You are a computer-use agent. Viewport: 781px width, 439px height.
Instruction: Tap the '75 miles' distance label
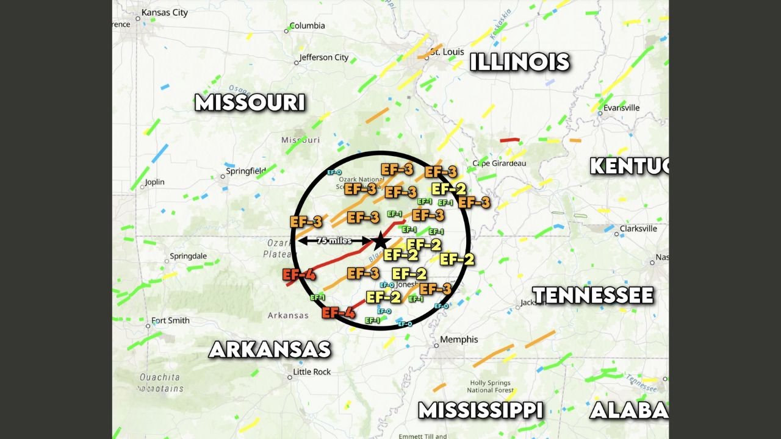pos(334,241)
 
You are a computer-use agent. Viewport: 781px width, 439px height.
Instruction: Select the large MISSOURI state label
pos(250,102)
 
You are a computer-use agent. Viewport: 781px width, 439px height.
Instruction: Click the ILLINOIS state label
pos(520,62)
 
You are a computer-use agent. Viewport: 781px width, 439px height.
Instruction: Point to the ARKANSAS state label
pos(270,349)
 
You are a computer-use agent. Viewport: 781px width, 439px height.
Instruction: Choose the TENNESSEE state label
pos(593,296)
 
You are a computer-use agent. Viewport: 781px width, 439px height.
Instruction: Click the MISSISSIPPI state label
pos(481,410)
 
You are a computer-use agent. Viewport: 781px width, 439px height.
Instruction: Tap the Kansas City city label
pos(164,12)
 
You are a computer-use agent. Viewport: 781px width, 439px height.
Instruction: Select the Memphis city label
pos(459,340)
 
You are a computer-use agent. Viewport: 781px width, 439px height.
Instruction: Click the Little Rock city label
pos(312,372)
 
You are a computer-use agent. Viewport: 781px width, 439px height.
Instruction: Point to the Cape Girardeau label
pos(499,163)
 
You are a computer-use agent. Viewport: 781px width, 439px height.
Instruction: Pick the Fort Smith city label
pos(170,321)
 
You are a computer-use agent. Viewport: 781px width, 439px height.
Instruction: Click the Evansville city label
pos(621,108)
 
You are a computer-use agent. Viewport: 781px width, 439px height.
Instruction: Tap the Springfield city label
pos(246,171)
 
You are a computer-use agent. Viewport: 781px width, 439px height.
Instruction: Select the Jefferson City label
pos(324,58)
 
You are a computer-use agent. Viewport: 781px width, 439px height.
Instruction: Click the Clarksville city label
pos(638,229)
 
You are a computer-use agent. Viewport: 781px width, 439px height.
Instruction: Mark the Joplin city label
pos(154,182)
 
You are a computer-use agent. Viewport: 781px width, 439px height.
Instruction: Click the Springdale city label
pos(189,256)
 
